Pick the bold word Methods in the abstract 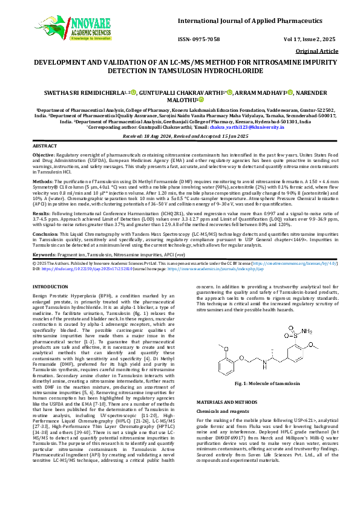42,180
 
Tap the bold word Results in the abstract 41,213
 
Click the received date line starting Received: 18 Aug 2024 180,137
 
